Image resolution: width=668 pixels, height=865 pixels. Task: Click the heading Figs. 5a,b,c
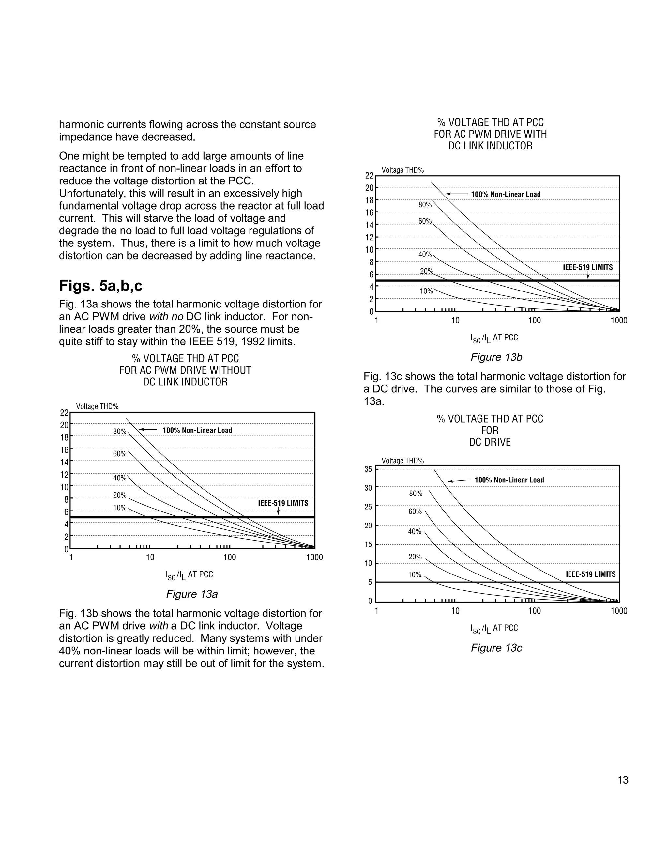tap(100, 286)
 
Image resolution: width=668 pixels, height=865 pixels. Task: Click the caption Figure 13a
tap(191, 594)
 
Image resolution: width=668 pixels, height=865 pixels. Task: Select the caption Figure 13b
tap(496, 357)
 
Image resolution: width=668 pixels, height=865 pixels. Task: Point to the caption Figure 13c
tap(496, 648)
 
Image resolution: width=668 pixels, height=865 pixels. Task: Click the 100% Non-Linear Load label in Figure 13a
tap(197, 430)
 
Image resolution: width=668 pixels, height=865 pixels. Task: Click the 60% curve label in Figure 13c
tap(415, 512)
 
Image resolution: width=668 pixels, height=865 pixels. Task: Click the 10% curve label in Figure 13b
tap(426, 291)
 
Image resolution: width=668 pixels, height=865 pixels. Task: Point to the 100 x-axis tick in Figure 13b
tap(534, 321)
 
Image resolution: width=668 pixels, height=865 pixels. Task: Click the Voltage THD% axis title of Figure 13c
tap(402, 461)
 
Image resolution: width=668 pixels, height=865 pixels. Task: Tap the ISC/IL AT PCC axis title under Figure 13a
tap(189, 575)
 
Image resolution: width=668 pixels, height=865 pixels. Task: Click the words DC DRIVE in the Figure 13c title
tap(490, 442)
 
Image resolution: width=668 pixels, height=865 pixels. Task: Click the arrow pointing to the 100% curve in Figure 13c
tap(459, 481)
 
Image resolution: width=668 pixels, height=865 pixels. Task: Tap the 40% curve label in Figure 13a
tap(119, 478)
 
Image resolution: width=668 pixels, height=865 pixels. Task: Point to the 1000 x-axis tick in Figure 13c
tap(618, 611)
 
